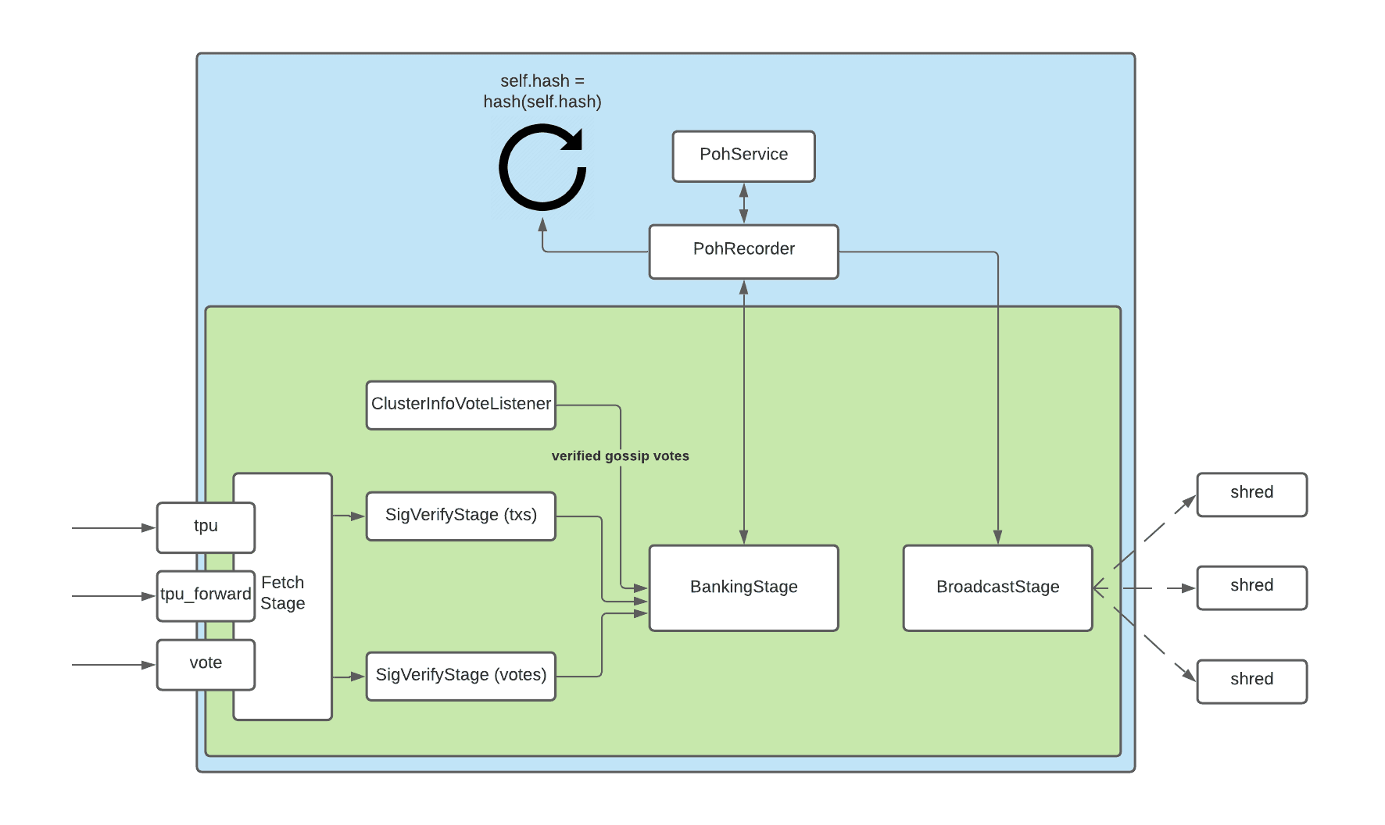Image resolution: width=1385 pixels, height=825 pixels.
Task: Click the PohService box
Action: tap(743, 156)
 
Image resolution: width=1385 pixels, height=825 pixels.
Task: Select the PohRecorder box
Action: tap(743, 251)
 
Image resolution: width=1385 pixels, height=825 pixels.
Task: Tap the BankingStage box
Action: tap(743, 587)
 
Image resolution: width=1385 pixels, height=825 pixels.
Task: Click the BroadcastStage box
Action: tap(997, 587)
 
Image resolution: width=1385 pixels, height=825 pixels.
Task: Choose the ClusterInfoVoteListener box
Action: tap(460, 405)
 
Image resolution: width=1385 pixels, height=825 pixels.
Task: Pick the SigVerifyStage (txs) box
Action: tap(460, 516)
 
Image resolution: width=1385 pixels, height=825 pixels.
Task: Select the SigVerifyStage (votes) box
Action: tap(460, 676)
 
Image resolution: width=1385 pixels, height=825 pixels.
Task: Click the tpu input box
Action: tap(206, 527)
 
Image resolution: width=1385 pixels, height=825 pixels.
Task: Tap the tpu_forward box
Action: tap(206, 595)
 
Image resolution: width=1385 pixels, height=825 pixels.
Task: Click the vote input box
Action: tap(206, 664)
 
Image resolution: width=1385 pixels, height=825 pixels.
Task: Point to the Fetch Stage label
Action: tap(283, 593)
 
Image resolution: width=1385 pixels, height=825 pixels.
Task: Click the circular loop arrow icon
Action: tap(542, 169)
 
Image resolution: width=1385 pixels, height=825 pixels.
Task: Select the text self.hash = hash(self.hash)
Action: tap(542, 91)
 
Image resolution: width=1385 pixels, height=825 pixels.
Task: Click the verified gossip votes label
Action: tap(620, 455)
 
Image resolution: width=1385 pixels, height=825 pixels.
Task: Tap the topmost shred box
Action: tap(1251, 494)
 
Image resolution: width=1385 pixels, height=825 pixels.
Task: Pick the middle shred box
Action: tap(1251, 587)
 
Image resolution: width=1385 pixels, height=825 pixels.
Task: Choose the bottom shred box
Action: tap(1251, 681)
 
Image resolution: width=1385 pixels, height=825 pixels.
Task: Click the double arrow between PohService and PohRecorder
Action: tap(743, 203)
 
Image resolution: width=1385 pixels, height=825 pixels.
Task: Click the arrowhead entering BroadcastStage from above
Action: tap(997, 537)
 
